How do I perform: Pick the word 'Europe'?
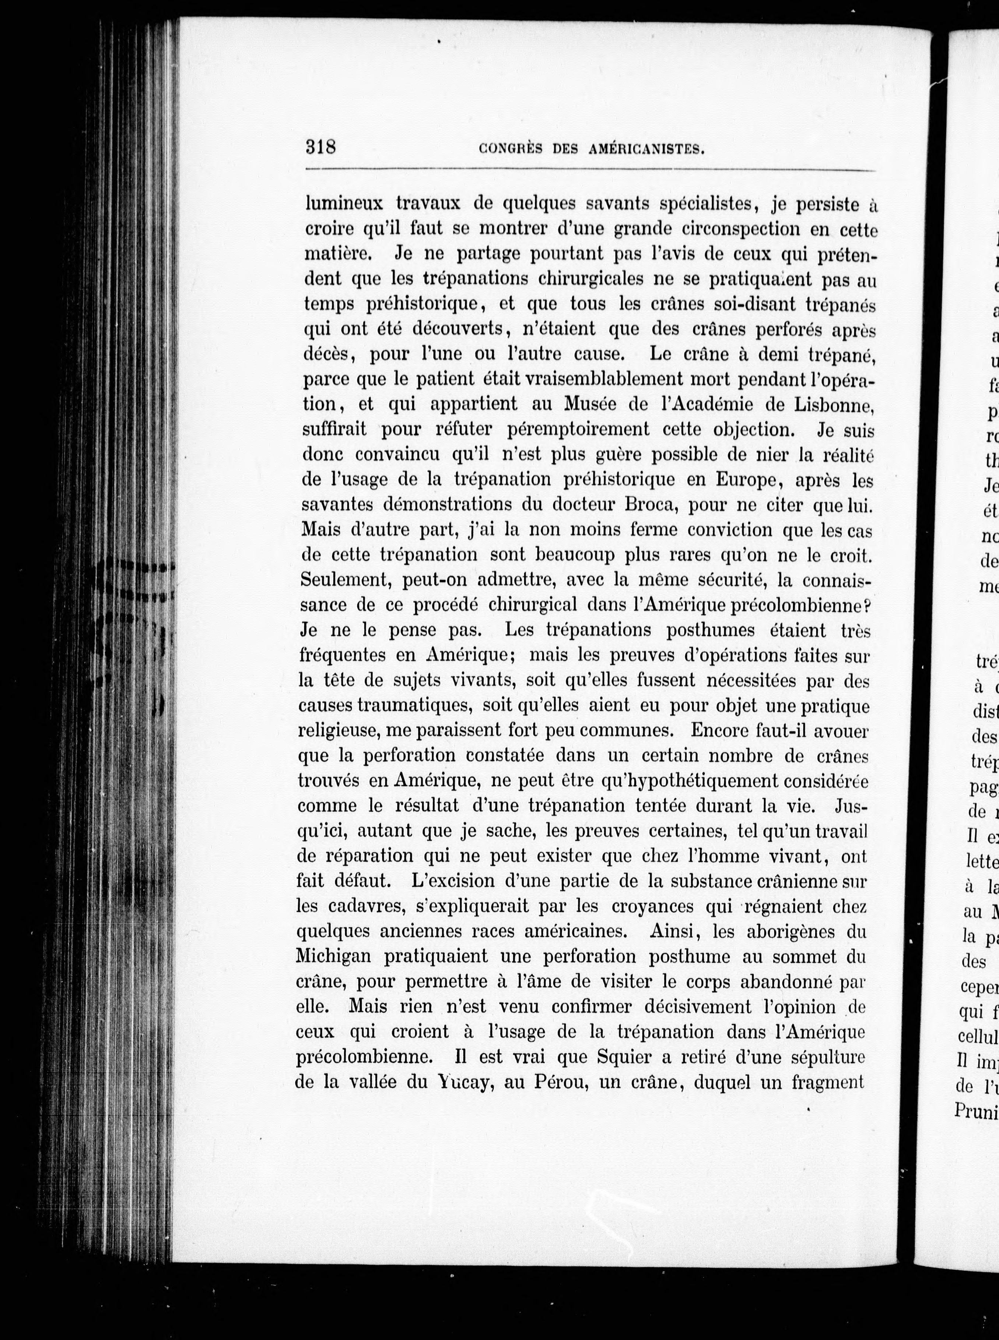click(750, 479)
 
